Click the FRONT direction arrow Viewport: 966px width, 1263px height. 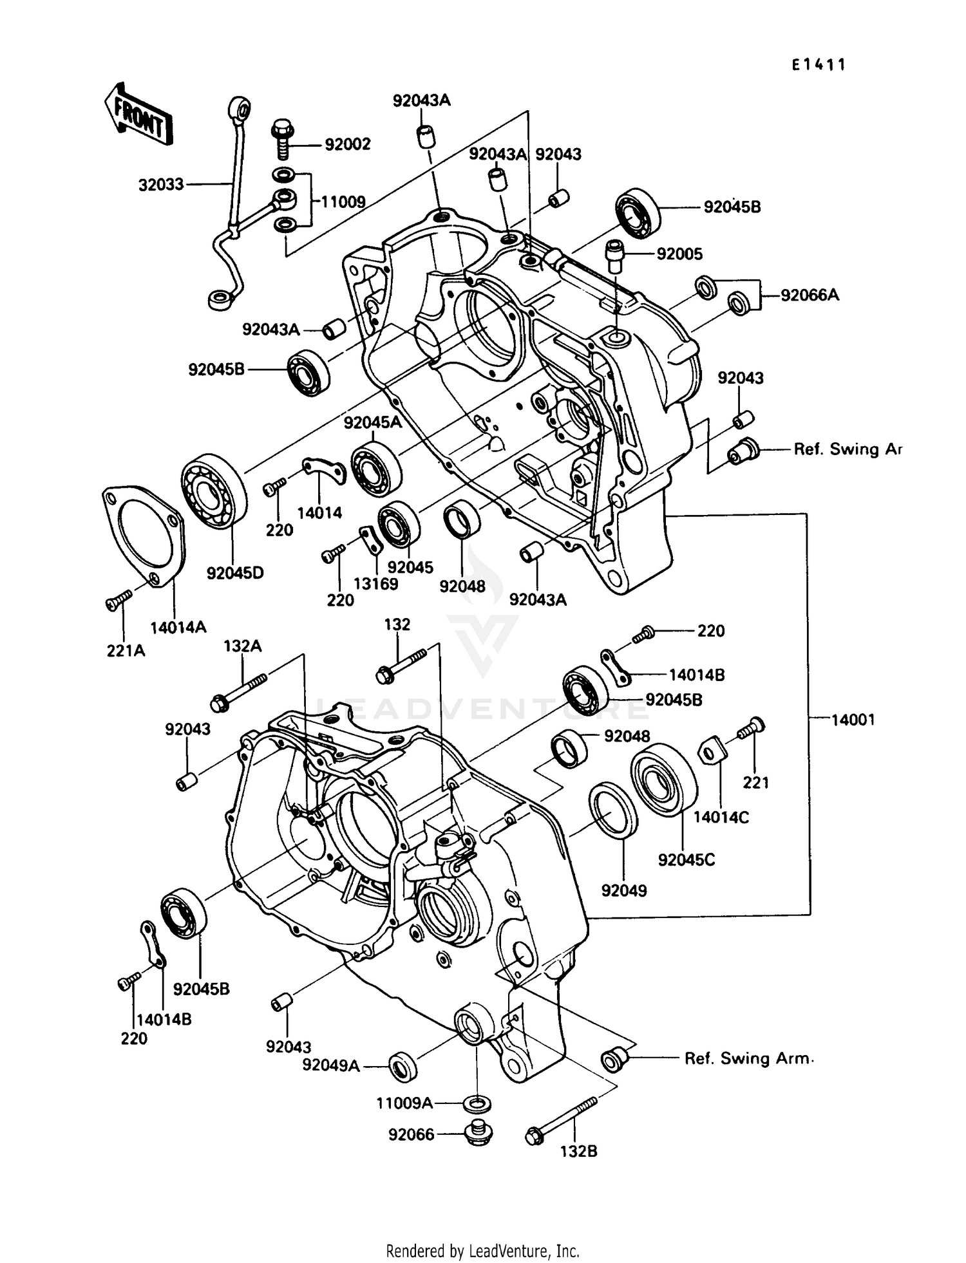pos(138,115)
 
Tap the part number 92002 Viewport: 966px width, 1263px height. pos(348,144)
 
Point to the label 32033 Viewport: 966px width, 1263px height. pos(161,185)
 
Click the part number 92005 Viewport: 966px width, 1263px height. pos(679,254)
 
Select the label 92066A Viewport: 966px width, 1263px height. pos(810,295)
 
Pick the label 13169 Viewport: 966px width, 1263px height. pos(375,584)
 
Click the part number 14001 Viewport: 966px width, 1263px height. pos(853,720)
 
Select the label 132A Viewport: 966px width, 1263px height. pos(242,646)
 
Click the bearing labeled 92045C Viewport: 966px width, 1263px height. pos(663,780)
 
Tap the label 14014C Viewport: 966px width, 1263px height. pos(721,817)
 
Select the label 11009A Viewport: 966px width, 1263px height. pos(404,1103)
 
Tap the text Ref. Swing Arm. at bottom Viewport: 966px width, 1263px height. pos(748,1059)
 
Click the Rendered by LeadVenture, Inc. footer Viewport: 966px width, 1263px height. pos(482,1251)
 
